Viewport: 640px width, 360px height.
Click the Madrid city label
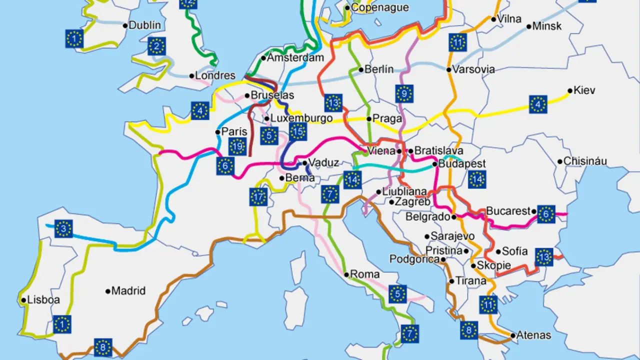[128, 291]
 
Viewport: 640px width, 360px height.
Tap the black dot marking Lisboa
[23, 300]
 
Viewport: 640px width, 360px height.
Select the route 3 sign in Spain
[63, 229]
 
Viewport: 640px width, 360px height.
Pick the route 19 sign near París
[237, 146]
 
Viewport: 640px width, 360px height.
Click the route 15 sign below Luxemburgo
[297, 131]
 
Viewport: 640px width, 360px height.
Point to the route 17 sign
[258, 197]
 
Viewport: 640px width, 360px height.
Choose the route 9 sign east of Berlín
[404, 93]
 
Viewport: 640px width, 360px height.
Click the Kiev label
[584, 90]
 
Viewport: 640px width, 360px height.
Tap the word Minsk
[547, 26]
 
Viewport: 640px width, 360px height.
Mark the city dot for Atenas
[513, 335]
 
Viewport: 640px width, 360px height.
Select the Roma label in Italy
[365, 274]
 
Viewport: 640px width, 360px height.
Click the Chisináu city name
[585, 161]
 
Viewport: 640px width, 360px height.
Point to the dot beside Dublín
[125, 25]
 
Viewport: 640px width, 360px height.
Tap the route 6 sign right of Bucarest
[546, 214]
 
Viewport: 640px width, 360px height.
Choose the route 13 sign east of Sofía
[544, 257]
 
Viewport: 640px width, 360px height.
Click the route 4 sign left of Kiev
[538, 104]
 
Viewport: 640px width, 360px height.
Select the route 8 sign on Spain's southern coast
[103, 347]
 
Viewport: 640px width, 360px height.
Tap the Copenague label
[379, 7]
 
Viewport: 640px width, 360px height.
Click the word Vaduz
[323, 162]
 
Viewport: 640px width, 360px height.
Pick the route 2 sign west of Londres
[156, 47]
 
